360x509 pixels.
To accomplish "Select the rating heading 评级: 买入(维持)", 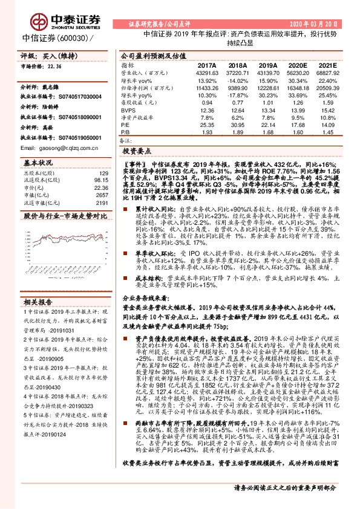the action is coord(45,55).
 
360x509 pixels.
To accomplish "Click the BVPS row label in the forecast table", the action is coord(128,111).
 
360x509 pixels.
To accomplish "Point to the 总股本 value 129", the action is coord(103,173).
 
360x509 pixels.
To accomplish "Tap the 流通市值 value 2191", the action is coord(101,203).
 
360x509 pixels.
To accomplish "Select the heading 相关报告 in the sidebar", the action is coord(38,302).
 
